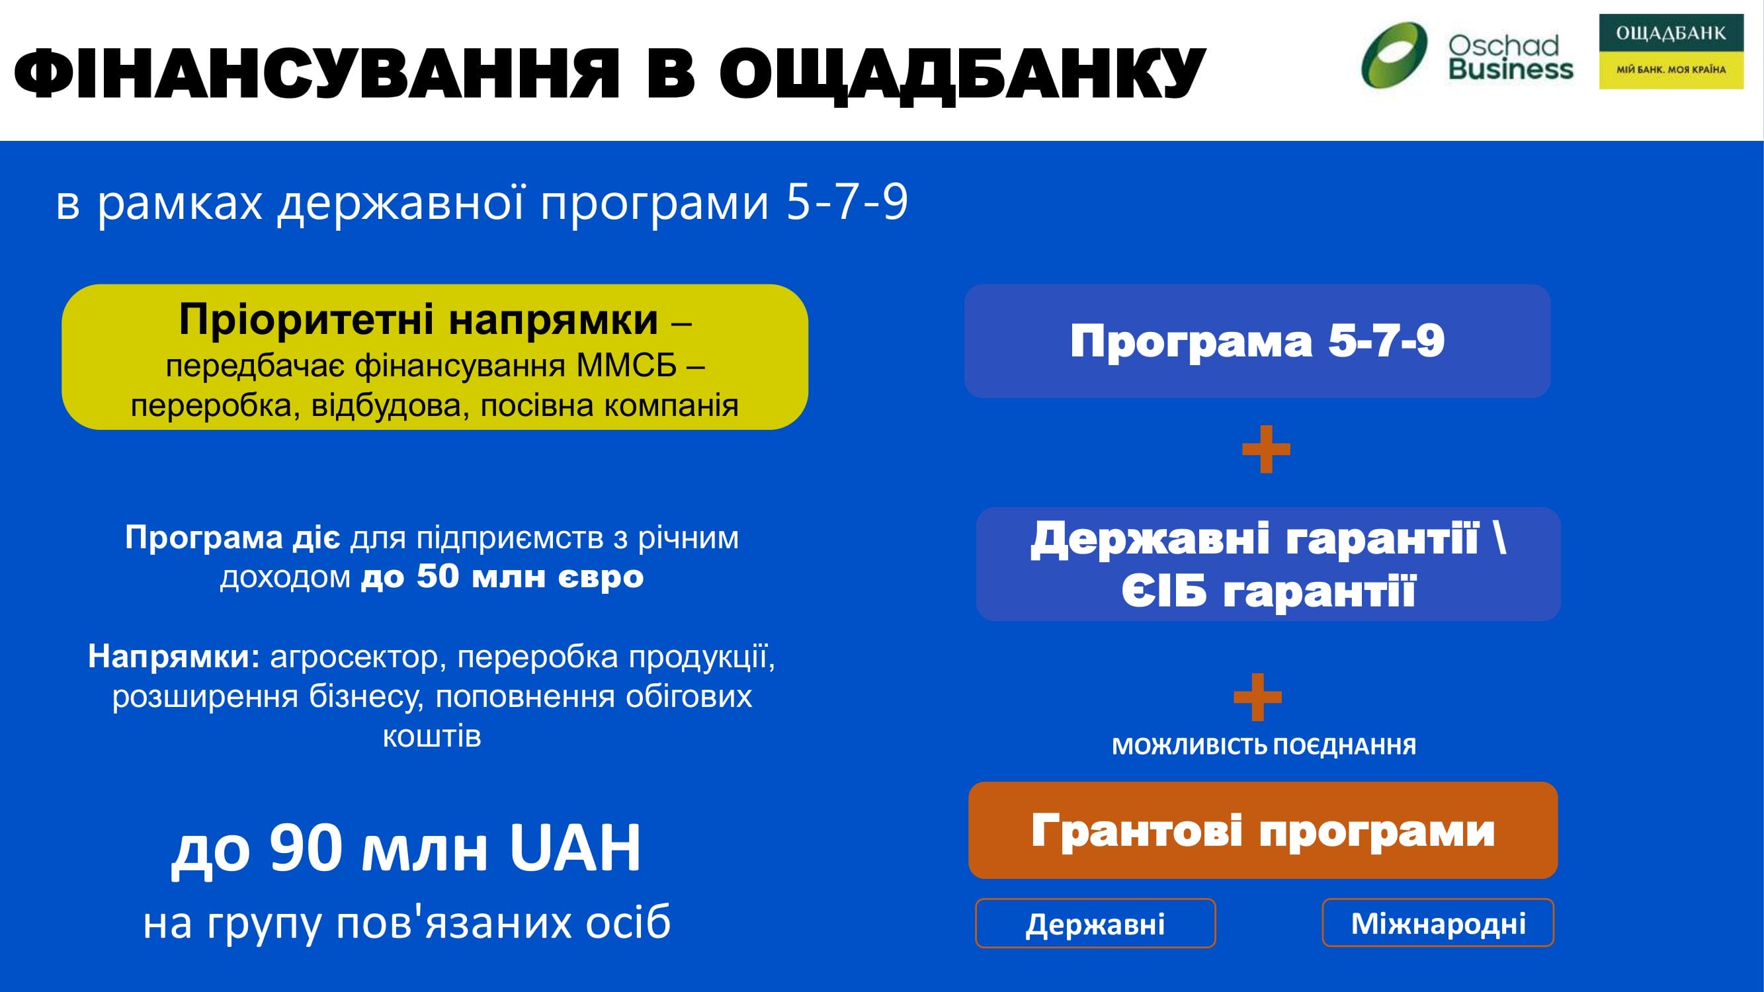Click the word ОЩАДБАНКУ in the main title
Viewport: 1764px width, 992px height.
962,74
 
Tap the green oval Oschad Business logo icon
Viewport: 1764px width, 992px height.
1394,56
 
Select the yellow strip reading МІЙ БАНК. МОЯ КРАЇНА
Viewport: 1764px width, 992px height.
1671,69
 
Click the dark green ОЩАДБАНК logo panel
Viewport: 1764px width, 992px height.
1671,32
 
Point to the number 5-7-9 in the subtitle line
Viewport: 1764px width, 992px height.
847,202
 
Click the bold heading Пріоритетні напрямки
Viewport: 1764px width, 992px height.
419,319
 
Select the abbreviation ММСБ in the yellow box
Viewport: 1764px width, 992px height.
626,366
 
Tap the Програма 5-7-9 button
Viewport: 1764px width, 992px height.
1257,341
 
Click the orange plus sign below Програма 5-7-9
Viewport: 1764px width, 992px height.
1266,449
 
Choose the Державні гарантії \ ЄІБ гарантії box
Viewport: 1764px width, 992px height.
1268,564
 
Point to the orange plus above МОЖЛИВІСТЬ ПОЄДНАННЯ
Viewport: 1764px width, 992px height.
1257,697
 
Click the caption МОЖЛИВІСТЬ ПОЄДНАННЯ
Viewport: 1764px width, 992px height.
1264,745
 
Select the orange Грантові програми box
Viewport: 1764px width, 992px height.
1263,831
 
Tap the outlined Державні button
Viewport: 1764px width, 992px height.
1095,923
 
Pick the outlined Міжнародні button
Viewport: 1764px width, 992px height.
1438,923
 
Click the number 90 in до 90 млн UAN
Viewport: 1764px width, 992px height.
306,848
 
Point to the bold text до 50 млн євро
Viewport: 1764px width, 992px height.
502,577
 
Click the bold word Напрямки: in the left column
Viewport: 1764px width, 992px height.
174,657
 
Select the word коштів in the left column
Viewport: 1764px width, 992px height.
432,736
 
